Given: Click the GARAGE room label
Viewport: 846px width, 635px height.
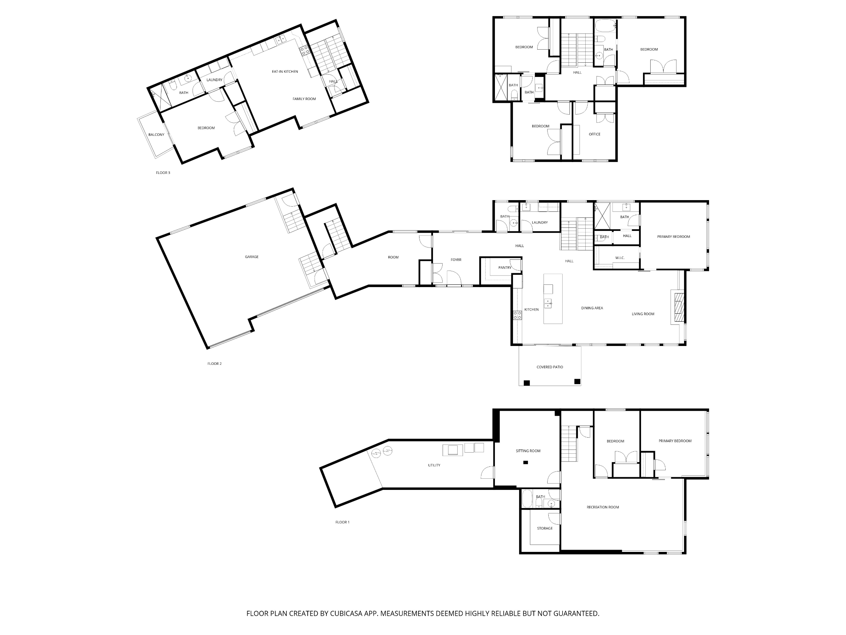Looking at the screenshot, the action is pyautogui.click(x=252, y=257).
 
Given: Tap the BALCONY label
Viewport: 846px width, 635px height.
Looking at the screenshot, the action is pyautogui.click(x=157, y=135).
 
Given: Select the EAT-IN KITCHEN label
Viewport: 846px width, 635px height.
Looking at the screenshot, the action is pyautogui.click(x=285, y=72).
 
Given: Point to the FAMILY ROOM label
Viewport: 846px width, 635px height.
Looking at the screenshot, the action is pyautogui.click(x=304, y=99).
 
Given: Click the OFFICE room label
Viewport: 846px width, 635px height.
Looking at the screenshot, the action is pyautogui.click(x=595, y=134).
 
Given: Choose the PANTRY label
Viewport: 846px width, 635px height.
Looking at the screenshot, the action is pyautogui.click(x=505, y=267).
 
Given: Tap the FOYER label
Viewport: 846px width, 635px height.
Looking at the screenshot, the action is pyautogui.click(x=456, y=260).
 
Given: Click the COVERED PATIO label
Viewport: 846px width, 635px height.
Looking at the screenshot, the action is pyautogui.click(x=550, y=367).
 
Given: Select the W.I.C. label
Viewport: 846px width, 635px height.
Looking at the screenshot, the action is pyautogui.click(x=620, y=258).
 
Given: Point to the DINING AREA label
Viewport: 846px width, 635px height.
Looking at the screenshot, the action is pyautogui.click(x=592, y=308).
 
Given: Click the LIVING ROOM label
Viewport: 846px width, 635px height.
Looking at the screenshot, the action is pyautogui.click(x=643, y=314).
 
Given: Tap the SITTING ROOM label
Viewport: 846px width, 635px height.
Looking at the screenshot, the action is pyautogui.click(x=528, y=451).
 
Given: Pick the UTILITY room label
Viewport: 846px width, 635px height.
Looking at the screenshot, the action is pyautogui.click(x=434, y=465).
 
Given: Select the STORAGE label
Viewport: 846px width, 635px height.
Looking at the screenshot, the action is pyautogui.click(x=545, y=528).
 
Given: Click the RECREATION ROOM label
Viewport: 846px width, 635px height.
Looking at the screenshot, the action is pyautogui.click(x=603, y=507).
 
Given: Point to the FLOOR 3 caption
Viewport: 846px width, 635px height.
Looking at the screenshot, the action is pyautogui.click(x=163, y=173).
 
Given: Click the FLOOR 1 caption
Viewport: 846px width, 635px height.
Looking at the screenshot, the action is pyautogui.click(x=343, y=522).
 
